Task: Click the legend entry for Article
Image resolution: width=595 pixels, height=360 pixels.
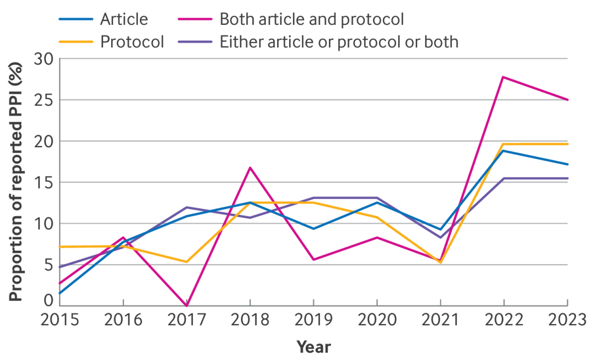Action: coord(124,19)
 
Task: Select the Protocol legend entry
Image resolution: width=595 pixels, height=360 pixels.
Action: coord(132,41)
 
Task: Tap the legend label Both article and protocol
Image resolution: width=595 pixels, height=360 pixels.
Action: coord(312,19)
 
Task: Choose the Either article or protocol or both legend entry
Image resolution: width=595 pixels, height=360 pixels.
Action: coord(339,41)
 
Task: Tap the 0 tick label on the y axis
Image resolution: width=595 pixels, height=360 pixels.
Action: coord(48,301)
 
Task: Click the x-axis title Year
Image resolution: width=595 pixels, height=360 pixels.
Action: coord(313,347)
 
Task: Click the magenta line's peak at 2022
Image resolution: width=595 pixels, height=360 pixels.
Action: coord(504,77)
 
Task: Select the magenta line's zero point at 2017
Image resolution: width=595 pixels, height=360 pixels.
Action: coord(187,305)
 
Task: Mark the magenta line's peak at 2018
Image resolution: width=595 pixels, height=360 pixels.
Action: coord(250,168)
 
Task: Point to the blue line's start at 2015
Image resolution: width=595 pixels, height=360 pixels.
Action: coord(59,293)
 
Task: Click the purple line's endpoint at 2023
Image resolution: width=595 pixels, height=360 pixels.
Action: coord(567,178)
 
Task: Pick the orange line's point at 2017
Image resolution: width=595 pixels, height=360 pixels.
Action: coord(187,262)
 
